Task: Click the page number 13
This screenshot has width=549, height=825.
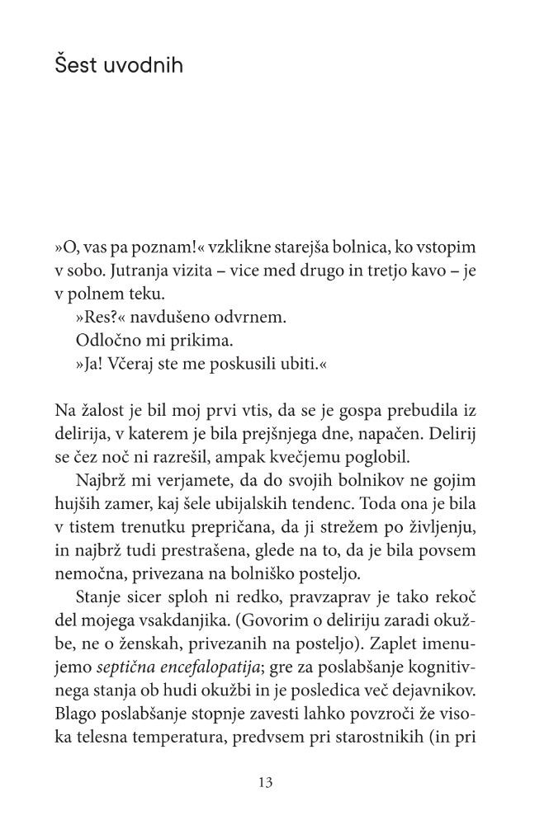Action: pos(266,781)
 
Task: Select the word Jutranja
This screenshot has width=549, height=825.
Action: pos(141,271)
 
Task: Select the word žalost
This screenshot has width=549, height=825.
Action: pos(102,412)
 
